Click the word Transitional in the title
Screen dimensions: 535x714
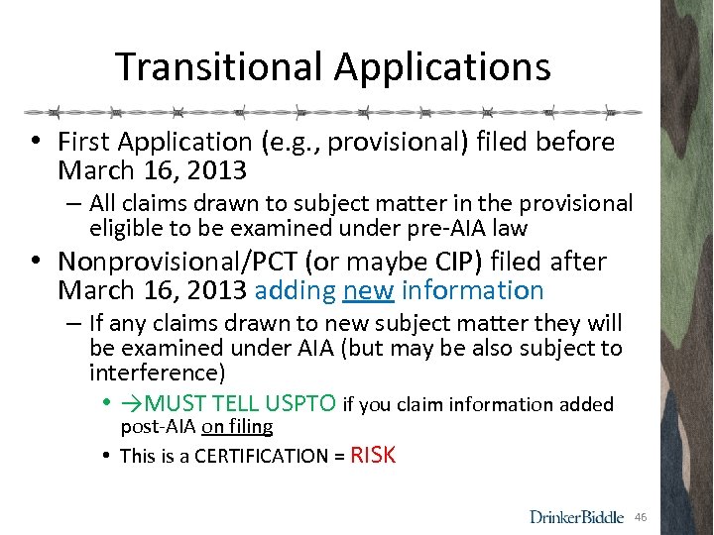[220, 67]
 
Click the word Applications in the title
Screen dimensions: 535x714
[442, 67]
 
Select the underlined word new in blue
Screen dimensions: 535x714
[368, 290]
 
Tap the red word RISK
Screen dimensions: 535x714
[373, 455]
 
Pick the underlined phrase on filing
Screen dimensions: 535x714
[237, 427]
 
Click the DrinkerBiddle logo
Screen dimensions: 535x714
[577, 516]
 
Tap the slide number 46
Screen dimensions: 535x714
[641, 517]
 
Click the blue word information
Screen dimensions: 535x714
[472, 290]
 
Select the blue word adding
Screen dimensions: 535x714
[295, 290]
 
